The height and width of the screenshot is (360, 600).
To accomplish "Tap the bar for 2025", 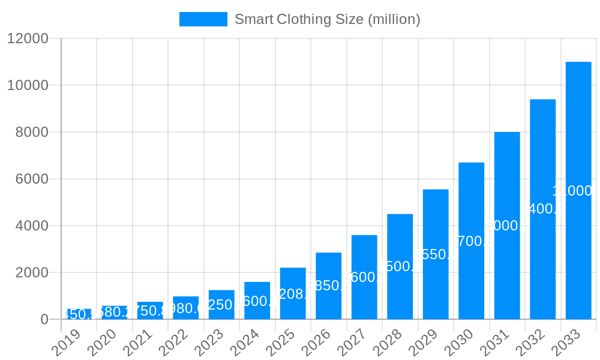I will click(293, 293).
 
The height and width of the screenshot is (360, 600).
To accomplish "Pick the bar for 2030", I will click(471, 241).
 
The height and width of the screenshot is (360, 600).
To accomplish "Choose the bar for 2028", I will click(400, 266).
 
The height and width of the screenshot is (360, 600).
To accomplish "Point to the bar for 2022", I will click(185, 308).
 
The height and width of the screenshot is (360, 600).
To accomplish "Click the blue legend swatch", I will click(203, 19).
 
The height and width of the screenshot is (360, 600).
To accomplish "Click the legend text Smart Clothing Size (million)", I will click(327, 19).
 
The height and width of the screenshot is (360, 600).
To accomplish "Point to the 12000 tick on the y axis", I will click(27, 38).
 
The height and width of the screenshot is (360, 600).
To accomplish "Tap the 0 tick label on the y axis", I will click(44, 320).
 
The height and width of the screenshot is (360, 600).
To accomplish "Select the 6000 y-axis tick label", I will click(31, 179).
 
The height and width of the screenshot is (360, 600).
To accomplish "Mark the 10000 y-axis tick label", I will click(27, 85).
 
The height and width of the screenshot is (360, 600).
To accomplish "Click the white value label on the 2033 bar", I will click(573, 191).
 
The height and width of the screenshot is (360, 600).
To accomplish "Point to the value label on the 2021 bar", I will click(150, 311).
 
